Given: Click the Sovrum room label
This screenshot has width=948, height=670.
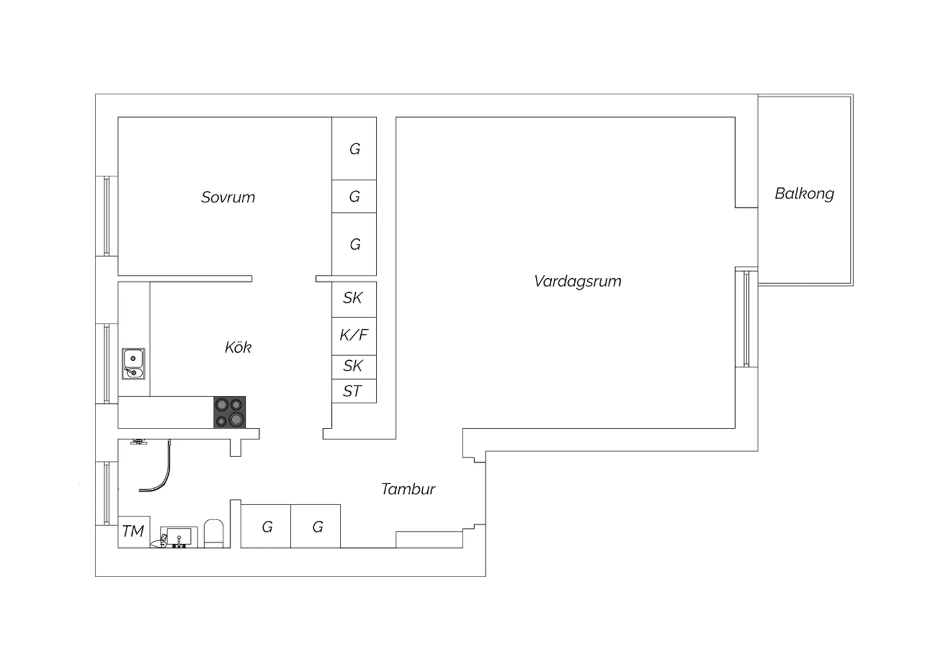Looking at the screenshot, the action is point(228,197).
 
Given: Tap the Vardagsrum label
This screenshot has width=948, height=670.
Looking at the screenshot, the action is point(578,281).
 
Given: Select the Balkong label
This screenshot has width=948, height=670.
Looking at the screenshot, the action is point(805,194).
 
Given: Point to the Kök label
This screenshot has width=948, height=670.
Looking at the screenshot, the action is point(238,348).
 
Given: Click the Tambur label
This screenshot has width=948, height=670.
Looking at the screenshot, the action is point(408,489).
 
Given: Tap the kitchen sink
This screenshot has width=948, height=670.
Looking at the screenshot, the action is point(133,364).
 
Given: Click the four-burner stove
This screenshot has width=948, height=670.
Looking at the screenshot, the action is point(229,412).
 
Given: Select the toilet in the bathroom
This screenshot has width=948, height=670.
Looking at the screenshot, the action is point(214,533).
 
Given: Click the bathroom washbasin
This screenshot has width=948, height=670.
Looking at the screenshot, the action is point(179,537).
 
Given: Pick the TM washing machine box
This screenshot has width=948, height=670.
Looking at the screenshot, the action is point(134,532).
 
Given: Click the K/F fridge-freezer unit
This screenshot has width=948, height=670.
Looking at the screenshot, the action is point(354,336).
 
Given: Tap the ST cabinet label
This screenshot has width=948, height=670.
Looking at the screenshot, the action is point(352,391).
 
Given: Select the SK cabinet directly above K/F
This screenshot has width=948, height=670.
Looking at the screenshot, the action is point(354,299).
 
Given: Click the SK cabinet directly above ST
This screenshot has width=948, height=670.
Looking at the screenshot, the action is point(354,367).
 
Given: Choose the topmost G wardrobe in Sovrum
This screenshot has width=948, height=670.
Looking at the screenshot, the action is point(354,149).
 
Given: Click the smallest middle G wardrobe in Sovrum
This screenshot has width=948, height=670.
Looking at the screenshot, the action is point(354,197).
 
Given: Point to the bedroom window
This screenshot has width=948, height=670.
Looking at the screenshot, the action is point(107,216).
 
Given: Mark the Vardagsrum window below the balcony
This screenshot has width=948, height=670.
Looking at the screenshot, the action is point(746,317).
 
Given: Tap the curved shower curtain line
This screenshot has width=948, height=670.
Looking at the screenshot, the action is point(161,473).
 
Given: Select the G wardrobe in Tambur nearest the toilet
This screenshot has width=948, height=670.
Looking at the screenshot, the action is point(266,527).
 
